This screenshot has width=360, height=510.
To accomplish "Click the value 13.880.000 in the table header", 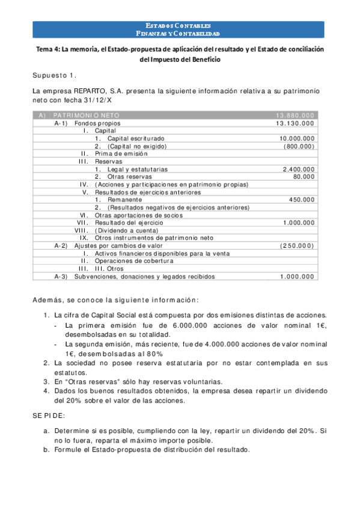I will (294, 115).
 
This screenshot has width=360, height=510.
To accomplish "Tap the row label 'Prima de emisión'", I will (120, 154).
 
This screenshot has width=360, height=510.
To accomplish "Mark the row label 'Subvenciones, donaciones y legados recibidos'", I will (144, 277).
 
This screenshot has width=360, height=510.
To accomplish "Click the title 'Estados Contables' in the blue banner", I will (180, 26).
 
